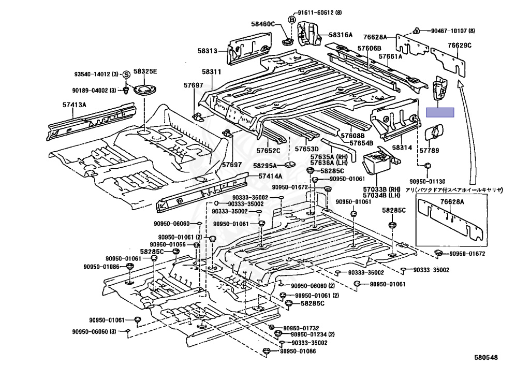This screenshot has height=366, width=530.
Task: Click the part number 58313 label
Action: click(208, 51)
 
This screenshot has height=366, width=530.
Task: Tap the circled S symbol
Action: click(125, 75)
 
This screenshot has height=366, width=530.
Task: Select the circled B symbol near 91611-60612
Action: click(291, 20)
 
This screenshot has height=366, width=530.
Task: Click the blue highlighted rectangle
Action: click(440, 112)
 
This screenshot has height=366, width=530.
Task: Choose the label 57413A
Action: click(74, 105)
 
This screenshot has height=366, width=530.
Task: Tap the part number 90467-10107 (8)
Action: click(452, 31)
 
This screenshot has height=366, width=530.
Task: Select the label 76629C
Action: click(460, 45)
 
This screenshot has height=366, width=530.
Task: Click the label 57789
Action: click(429, 151)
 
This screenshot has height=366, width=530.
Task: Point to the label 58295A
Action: click(264, 166)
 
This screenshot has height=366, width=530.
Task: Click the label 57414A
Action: click(270, 176)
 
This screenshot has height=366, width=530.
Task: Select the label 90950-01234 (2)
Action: click(313, 334)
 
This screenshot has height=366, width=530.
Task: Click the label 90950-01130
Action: click(427, 182)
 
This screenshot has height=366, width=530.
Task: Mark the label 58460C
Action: click(263, 24)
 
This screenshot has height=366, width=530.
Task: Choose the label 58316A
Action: click(341, 35)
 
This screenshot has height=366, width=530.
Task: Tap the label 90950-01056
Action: click(168, 244)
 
